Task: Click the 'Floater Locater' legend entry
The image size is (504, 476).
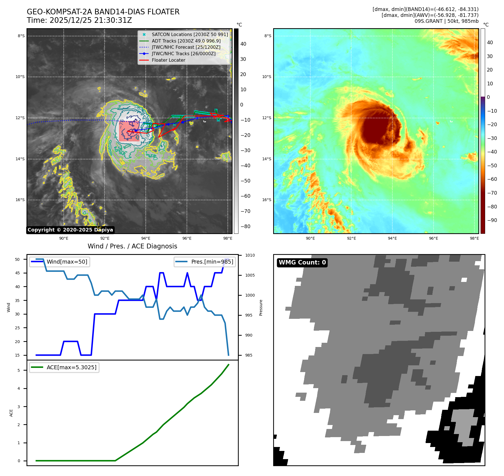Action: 168,60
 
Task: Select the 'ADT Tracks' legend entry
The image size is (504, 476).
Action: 186,41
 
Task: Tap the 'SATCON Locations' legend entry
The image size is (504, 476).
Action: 190,34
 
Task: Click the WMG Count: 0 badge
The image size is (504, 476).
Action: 302,263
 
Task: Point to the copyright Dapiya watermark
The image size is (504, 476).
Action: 70,230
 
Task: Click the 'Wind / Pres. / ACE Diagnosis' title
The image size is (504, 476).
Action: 132,246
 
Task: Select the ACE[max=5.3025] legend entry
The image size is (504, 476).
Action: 71,367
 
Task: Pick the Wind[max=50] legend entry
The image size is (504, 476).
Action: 67,262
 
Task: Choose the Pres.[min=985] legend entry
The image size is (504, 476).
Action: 212,262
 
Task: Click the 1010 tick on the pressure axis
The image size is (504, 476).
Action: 250,255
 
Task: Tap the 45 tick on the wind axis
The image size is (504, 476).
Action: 17,273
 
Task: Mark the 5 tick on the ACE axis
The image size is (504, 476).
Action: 19,370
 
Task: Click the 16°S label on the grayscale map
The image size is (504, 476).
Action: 20,200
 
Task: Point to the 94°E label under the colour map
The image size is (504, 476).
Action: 392,238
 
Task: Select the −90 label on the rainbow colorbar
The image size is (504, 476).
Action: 492,220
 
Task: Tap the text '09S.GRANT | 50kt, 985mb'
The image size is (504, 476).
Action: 446,21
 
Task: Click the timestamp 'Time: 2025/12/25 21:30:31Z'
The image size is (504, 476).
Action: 79,20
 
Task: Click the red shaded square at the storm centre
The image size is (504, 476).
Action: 129,131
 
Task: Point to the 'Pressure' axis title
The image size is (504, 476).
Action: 261,308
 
